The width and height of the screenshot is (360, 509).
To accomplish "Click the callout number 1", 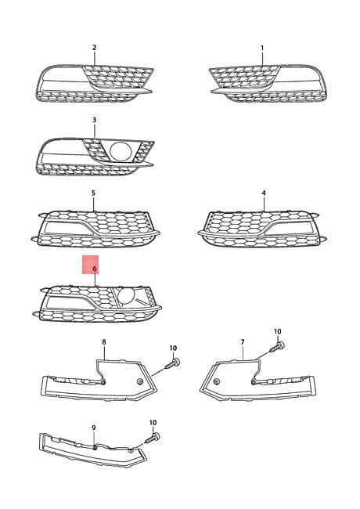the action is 262,48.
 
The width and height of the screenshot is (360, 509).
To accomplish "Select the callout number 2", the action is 95,48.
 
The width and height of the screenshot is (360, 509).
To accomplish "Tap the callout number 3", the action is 95,120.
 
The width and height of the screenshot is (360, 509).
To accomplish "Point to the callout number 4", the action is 264,193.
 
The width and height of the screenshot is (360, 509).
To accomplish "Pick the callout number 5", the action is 93,193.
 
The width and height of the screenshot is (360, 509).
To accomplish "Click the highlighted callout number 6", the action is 95,269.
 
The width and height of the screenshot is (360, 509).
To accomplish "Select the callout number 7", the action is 243,342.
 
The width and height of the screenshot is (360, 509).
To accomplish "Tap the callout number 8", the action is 104,342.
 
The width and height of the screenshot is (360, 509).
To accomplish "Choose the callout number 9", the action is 94,428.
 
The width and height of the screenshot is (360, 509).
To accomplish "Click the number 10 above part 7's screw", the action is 278,331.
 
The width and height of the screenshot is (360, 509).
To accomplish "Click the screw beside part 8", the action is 172,363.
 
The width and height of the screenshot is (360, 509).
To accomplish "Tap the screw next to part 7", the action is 277,347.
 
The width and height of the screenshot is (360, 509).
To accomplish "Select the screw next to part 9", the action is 153,438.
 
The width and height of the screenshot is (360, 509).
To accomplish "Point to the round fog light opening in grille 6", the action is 127,296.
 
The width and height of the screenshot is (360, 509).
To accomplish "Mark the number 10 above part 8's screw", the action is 173,348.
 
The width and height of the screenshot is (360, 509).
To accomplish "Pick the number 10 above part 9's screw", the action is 153,423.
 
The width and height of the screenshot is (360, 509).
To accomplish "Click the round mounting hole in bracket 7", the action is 218,381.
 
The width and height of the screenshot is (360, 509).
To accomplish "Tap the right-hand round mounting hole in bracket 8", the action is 140,382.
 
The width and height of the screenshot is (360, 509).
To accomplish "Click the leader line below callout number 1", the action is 262,59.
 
